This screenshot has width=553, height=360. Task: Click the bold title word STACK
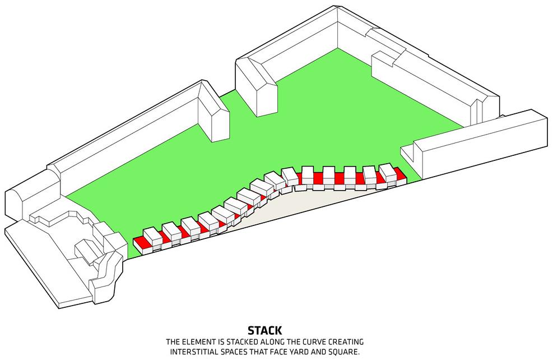point(264,331)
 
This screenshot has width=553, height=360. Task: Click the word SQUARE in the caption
point(345,352)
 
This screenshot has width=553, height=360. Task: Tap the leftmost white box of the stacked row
point(152,234)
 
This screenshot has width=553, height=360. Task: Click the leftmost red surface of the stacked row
point(140,243)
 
